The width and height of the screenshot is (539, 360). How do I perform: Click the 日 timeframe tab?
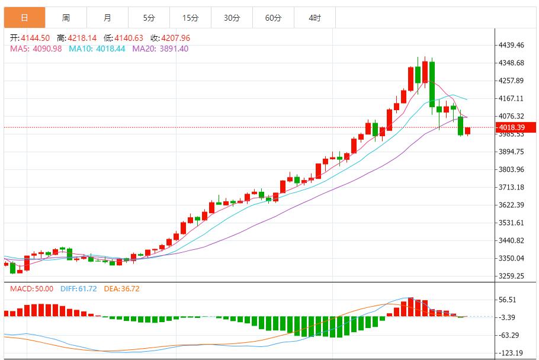pyautogui.click(x=24, y=18)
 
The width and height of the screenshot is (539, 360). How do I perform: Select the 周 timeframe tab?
pyautogui.click(x=66, y=18)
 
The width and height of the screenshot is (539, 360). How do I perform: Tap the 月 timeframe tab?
pyautogui.click(x=107, y=18)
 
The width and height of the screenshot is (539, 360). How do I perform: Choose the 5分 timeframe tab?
pyautogui.click(x=149, y=18)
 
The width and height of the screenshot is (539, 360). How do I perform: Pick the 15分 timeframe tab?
pyautogui.click(x=190, y=18)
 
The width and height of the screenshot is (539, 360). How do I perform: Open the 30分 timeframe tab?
pyautogui.click(x=232, y=18)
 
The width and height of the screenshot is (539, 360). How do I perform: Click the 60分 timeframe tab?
pyautogui.click(x=273, y=18)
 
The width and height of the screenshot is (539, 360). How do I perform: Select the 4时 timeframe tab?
pyautogui.click(x=315, y=18)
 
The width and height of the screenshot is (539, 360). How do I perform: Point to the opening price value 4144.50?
pyautogui.click(x=36, y=38)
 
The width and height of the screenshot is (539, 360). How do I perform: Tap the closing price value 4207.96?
pyautogui.click(x=175, y=38)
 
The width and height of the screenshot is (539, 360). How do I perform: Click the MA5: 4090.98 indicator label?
pyautogui.click(x=36, y=49)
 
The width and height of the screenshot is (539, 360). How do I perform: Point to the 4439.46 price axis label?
pyautogui.click(x=512, y=45)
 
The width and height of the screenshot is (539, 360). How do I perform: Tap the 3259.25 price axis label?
pyautogui.click(x=512, y=276)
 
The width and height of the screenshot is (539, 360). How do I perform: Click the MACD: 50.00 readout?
pyautogui.click(x=31, y=289)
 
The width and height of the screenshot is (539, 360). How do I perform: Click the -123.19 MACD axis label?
pyautogui.click(x=511, y=353)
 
